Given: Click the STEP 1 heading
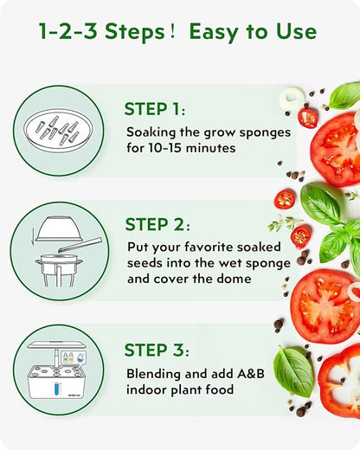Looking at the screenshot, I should coord(154,110).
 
